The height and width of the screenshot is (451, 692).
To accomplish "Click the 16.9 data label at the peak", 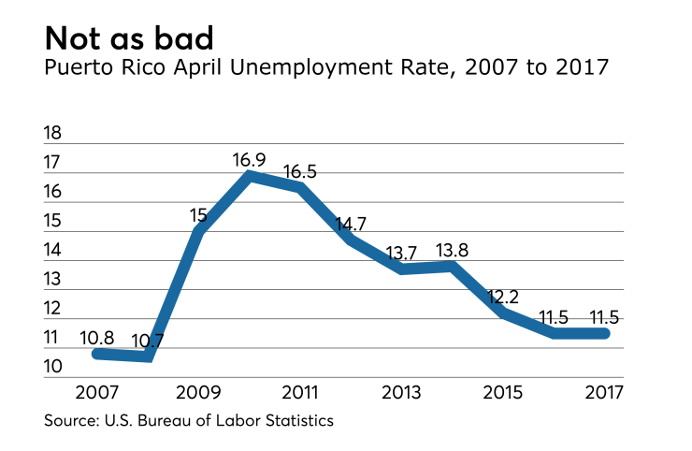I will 251,160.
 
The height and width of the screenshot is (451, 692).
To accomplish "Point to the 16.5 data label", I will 301,172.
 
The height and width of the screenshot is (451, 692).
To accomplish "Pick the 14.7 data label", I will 352,225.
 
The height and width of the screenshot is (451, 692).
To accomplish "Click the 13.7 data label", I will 403,253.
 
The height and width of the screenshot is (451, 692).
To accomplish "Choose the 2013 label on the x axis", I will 399,390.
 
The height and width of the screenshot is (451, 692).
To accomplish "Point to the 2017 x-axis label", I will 603,390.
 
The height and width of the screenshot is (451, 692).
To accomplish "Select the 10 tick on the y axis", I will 53,366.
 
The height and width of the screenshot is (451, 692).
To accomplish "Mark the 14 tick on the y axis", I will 53,250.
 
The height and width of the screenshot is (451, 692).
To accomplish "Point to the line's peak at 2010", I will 250,174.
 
